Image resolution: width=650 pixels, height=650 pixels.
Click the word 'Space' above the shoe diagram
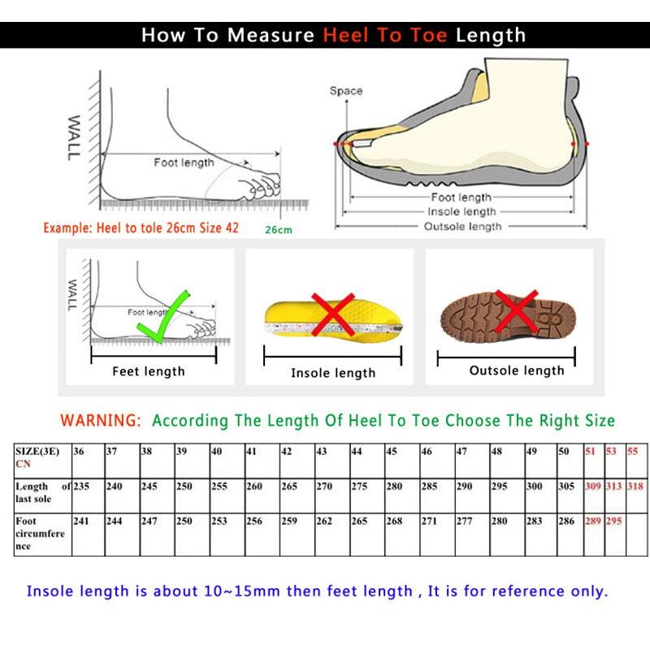tap(346, 91)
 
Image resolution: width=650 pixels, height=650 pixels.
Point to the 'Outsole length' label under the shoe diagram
tap(463, 227)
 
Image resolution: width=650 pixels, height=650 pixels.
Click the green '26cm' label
tap(278, 230)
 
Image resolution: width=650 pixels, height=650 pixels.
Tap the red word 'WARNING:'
tap(101, 421)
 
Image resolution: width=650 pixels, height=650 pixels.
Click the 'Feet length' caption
tap(149, 371)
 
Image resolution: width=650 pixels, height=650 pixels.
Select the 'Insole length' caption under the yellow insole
tap(333, 373)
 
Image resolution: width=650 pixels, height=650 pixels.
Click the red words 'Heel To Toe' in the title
tap(386, 35)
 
